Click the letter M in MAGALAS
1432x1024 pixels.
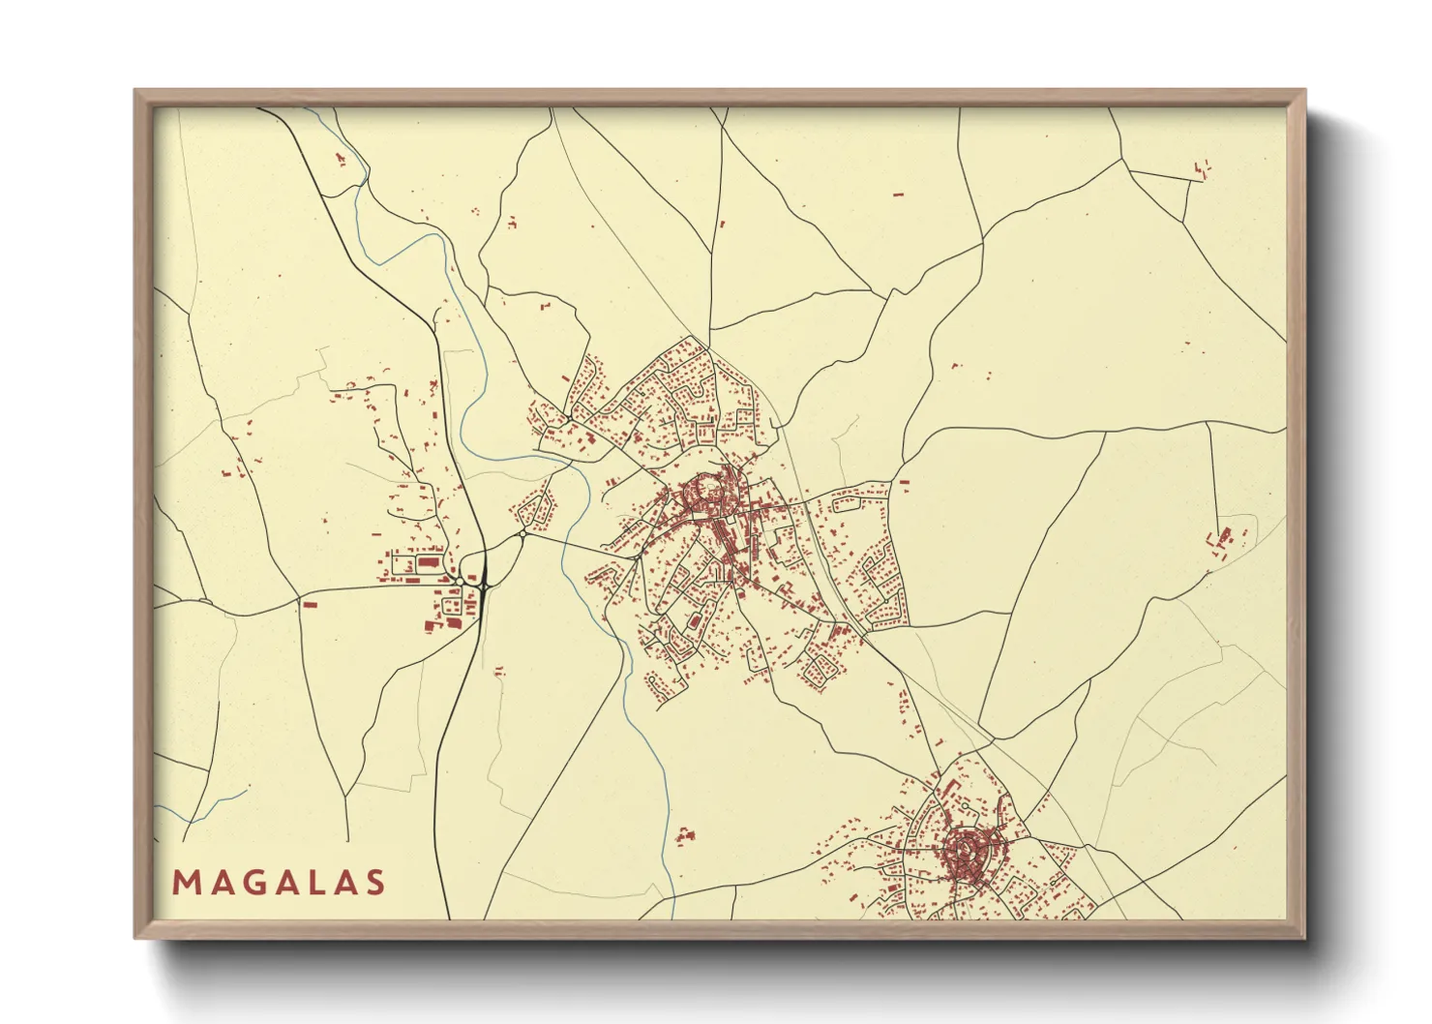coord(184,883)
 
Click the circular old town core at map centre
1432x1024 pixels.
coord(709,496)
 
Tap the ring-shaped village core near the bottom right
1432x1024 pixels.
coord(965,851)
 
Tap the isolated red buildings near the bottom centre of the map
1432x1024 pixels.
coord(685,834)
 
